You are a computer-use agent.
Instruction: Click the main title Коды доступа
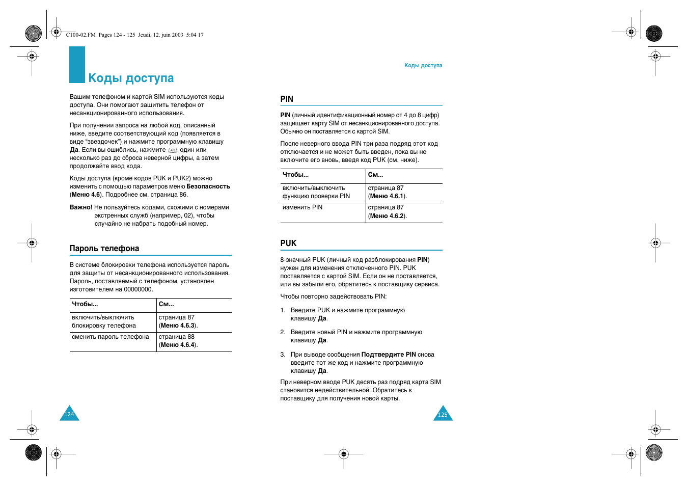pyautogui.click(x=131, y=78)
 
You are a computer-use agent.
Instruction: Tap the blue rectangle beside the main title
pyautogui.click(x=77, y=65)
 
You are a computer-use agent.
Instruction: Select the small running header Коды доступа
pyautogui.click(x=423, y=65)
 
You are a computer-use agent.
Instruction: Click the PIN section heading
pyautogui.click(x=287, y=99)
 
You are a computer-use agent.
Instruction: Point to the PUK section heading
pyautogui.click(x=288, y=243)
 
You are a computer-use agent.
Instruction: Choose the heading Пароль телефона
pyautogui.click(x=104, y=248)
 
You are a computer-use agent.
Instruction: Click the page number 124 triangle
pyautogui.click(x=69, y=414)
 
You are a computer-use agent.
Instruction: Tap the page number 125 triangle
pyautogui.click(x=443, y=414)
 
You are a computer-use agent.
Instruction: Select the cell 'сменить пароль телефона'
pyautogui.click(x=111, y=337)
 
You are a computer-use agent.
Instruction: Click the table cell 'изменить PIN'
pyautogui.click(x=302, y=207)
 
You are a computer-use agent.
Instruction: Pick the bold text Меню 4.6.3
pyautogui.click(x=178, y=326)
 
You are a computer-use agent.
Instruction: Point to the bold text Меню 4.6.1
pyautogui.click(x=387, y=196)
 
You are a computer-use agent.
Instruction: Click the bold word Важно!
pyautogui.click(x=81, y=207)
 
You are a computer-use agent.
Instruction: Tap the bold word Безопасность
pyautogui.click(x=208, y=186)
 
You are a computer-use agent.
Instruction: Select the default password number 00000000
pyautogui.click(x=138, y=289)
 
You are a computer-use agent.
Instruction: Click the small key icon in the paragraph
pyautogui.click(x=173, y=150)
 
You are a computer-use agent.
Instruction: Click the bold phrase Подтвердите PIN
pyautogui.click(x=389, y=355)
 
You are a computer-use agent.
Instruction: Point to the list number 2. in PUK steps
pyautogui.click(x=283, y=332)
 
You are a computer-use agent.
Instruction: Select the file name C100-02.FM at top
pyautogui.click(x=80, y=35)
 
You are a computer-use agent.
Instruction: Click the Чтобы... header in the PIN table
pyautogui.click(x=295, y=175)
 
